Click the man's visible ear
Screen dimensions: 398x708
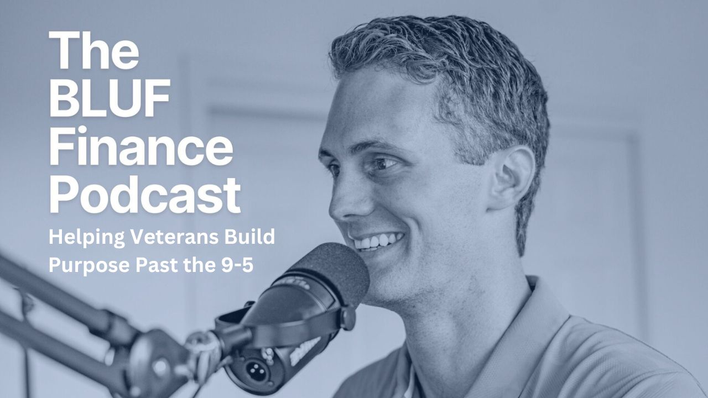pyautogui.click(x=513, y=177)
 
